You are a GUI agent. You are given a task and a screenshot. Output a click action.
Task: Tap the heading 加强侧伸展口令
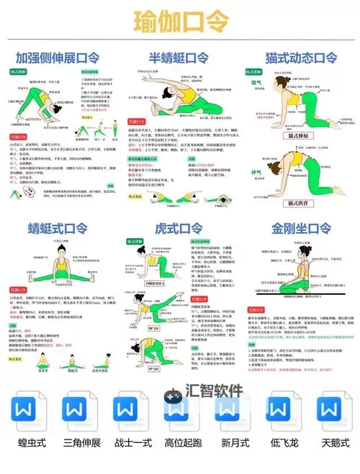pos(58,57)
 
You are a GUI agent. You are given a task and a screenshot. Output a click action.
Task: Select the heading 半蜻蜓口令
pos(178,57)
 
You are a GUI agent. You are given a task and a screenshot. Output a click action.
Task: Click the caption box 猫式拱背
pos(299,204)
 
